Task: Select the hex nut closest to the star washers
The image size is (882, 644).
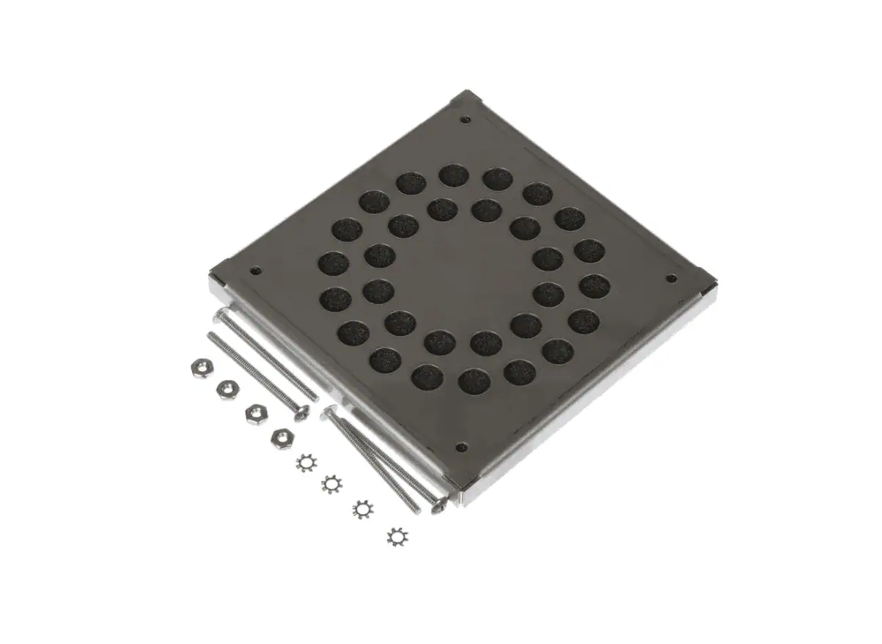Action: (x=283, y=439)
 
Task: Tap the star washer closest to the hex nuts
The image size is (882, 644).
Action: (x=306, y=463)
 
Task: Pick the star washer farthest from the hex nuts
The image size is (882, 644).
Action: (x=397, y=536)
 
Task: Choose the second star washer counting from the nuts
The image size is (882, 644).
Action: (x=333, y=484)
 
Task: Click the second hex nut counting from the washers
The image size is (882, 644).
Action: (x=256, y=414)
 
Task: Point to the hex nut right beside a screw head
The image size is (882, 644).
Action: (x=256, y=414)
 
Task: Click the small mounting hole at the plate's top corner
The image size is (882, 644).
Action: (x=466, y=120)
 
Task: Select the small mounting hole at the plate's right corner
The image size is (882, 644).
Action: (x=670, y=278)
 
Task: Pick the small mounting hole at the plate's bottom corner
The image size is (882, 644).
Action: (x=461, y=447)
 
